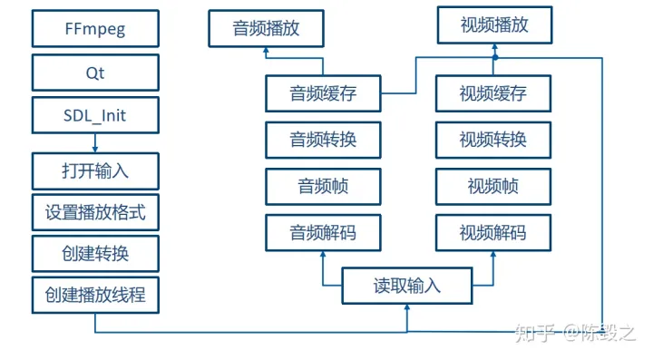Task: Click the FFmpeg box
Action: coord(95,29)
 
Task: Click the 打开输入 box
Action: coord(95,170)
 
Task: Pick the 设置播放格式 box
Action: coord(95,214)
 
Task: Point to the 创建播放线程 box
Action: coord(95,295)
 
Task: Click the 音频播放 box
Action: coord(266,29)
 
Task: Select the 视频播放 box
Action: coord(494,24)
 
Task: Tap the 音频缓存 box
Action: coord(323,93)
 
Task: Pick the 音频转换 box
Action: coord(323,140)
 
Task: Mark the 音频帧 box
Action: coord(323,187)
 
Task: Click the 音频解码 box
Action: coord(323,233)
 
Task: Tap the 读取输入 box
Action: coord(407,286)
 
